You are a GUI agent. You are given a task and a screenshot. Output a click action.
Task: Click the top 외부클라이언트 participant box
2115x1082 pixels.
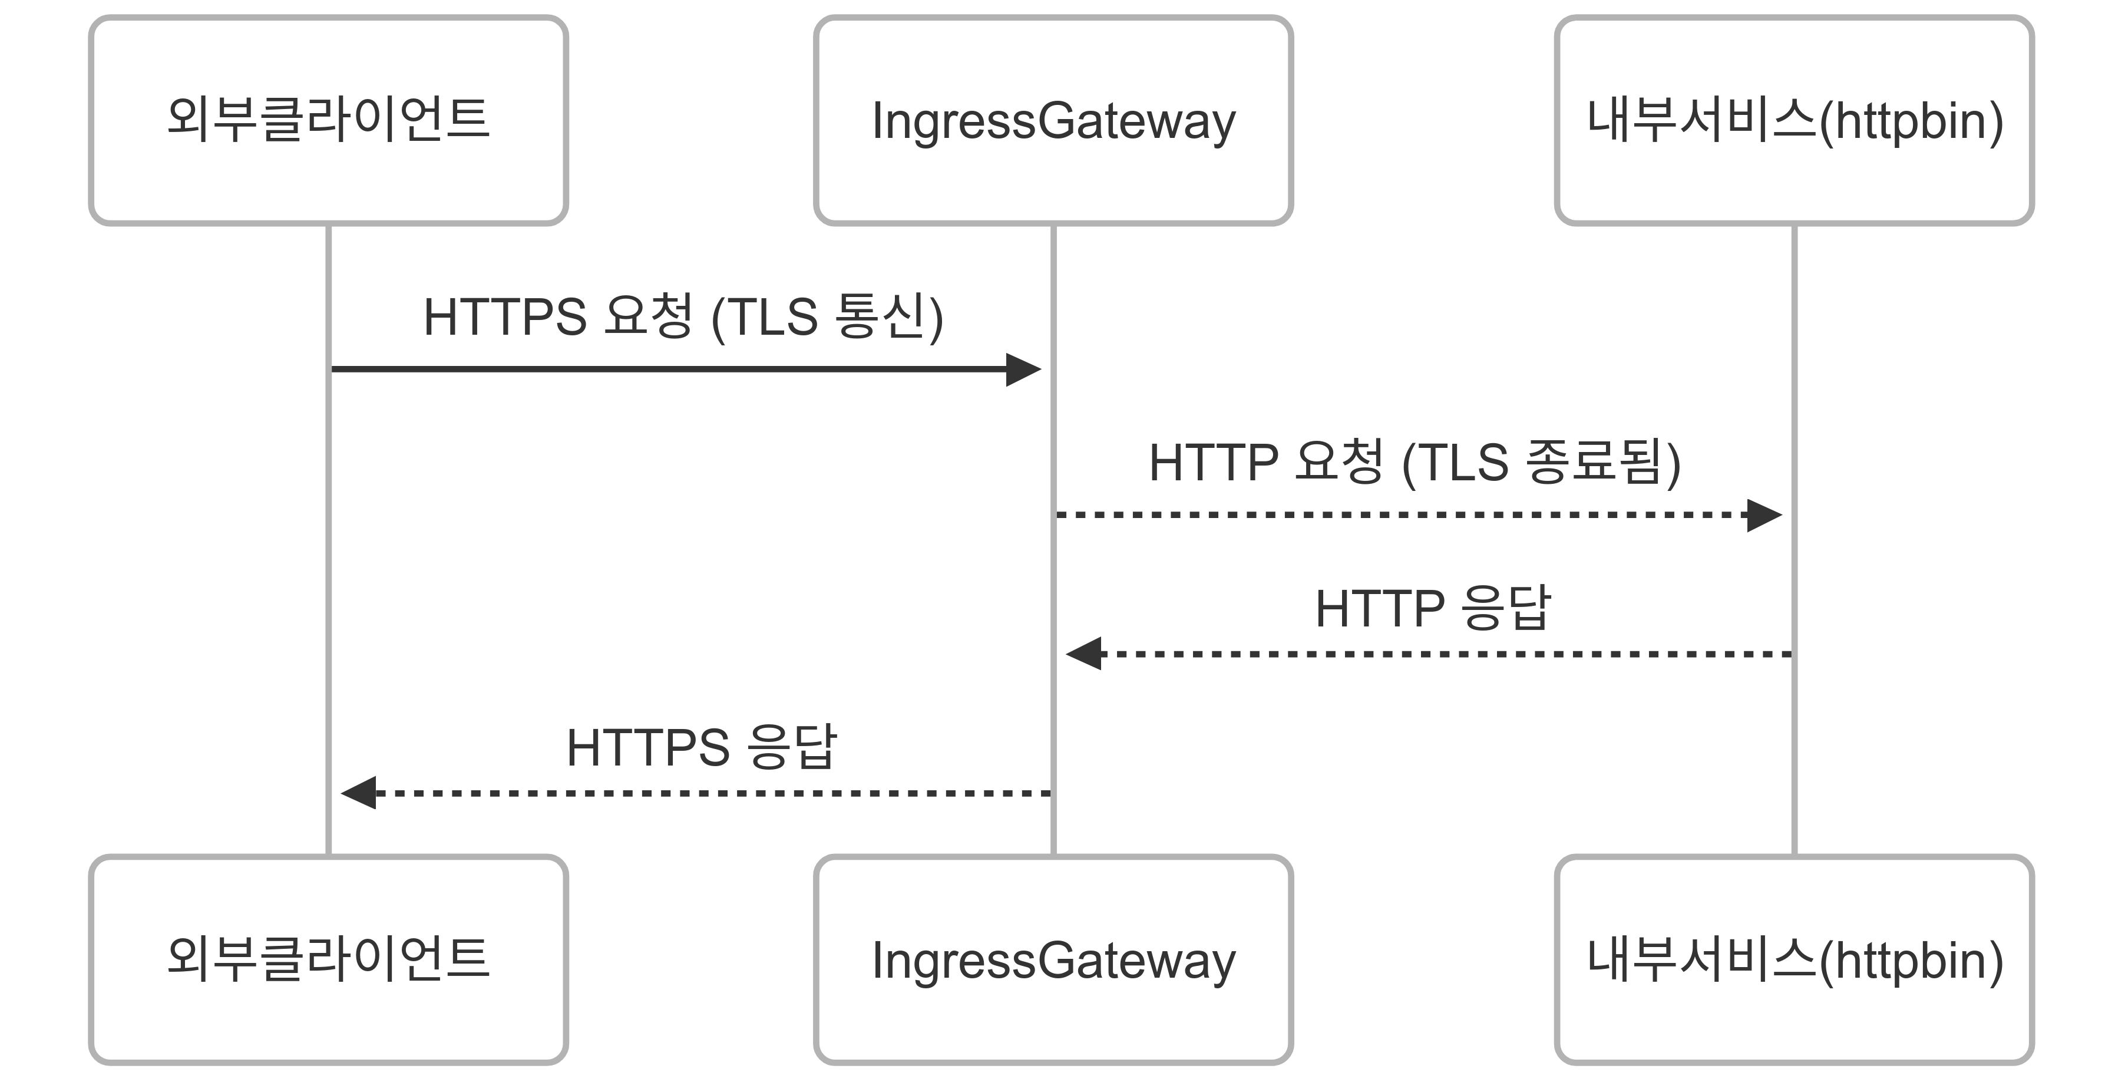pos(328,120)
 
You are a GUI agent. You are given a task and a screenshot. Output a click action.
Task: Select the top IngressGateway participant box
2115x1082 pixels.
pos(1053,120)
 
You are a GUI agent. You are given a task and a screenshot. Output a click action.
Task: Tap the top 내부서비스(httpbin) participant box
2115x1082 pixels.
pos(1794,120)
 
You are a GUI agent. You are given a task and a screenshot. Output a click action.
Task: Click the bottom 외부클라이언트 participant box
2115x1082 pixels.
pos(328,959)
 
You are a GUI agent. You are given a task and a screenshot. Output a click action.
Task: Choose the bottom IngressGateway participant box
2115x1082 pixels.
pos(1053,959)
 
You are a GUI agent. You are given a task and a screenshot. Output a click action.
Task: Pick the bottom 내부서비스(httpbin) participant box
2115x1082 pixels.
pos(1794,959)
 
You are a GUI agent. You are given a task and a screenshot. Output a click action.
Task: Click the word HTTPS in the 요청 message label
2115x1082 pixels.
pos(504,317)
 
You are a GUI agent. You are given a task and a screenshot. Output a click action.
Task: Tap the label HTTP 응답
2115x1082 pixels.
pos(1433,609)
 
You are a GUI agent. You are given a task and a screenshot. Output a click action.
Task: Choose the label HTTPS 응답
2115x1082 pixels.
pos(701,748)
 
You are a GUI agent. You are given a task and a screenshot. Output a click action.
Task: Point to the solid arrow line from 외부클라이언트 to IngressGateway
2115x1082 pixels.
pos(657,370)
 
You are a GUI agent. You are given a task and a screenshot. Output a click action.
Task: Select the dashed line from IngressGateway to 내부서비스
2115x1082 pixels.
pos(1396,515)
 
